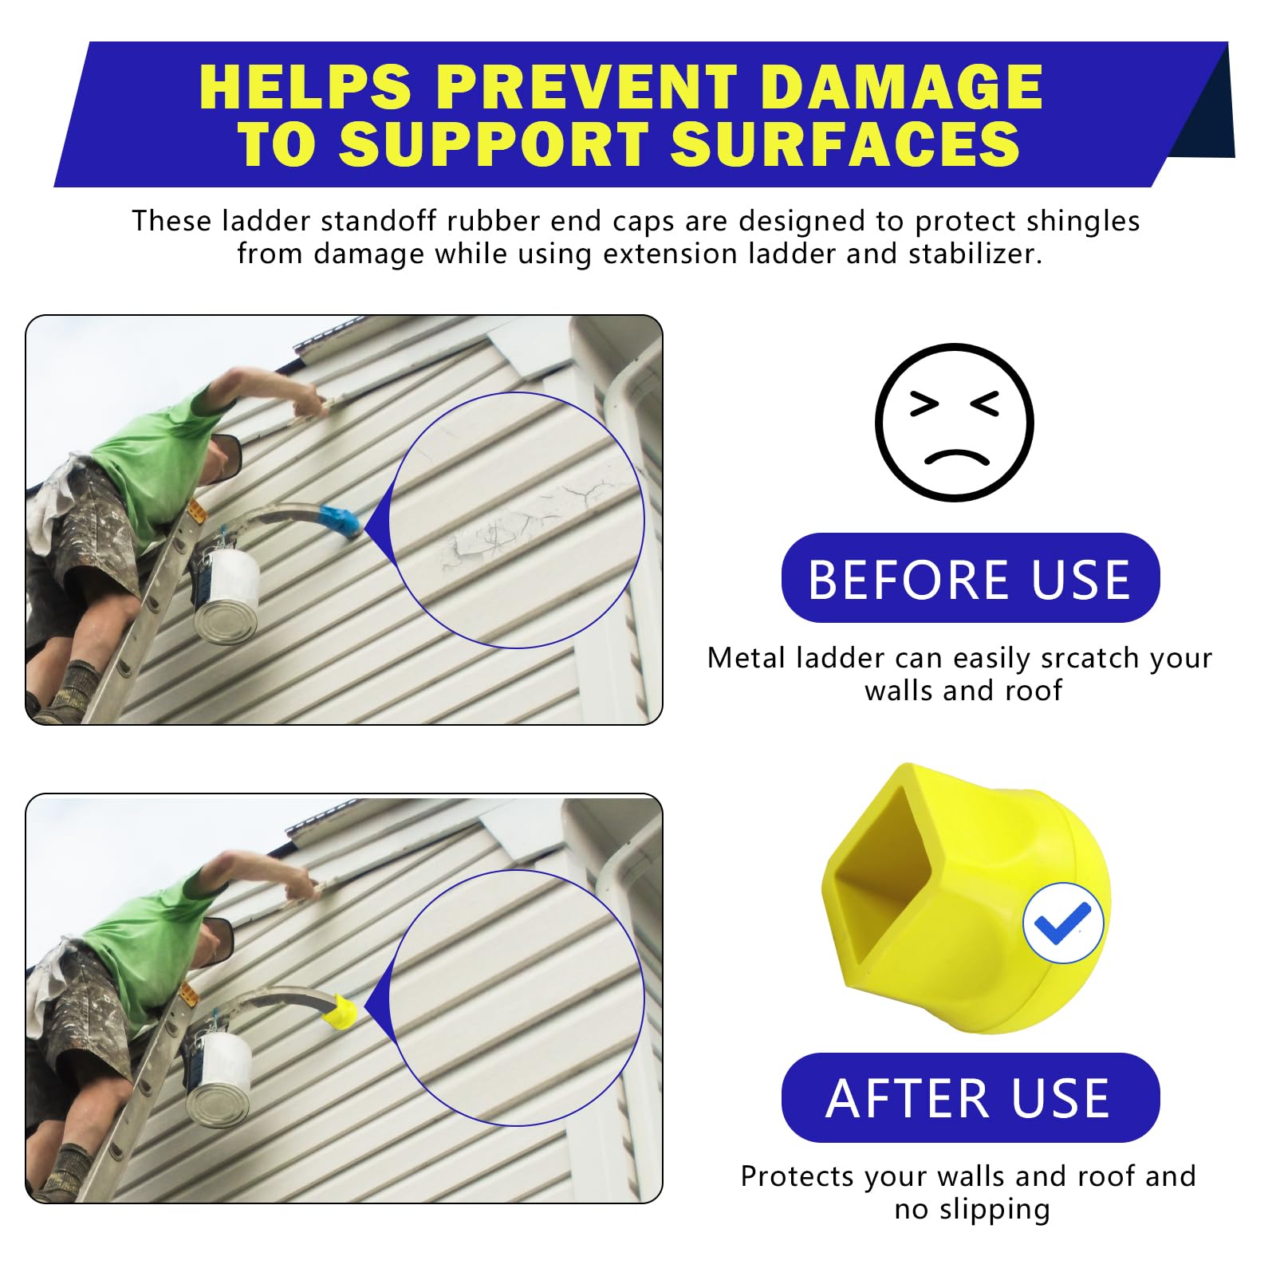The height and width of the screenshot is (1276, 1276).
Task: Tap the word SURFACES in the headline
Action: tap(845, 144)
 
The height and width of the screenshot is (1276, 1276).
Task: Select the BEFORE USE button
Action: tap(970, 578)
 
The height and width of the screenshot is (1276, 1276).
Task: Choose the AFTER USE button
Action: tap(970, 1098)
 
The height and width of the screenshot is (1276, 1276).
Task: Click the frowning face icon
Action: tap(954, 423)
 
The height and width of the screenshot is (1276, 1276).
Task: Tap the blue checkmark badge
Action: tap(1063, 923)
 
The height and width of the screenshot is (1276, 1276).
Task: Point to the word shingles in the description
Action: tap(1083, 222)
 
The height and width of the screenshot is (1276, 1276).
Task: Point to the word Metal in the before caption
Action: tap(739, 658)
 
